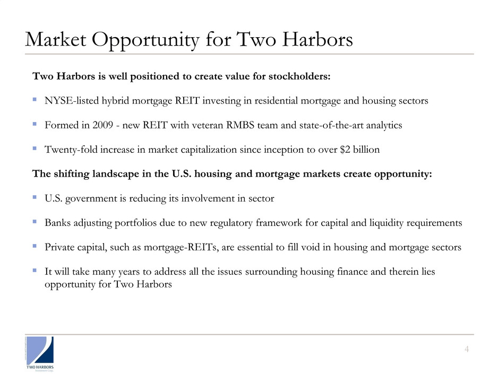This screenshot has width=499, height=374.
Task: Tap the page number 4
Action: (x=466, y=349)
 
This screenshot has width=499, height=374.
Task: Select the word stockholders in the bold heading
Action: (x=300, y=76)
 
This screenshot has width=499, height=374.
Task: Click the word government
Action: (x=90, y=198)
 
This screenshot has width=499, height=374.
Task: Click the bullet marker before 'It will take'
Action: (x=35, y=271)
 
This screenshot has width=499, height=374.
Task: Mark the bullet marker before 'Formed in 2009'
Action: (x=35, y=125)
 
